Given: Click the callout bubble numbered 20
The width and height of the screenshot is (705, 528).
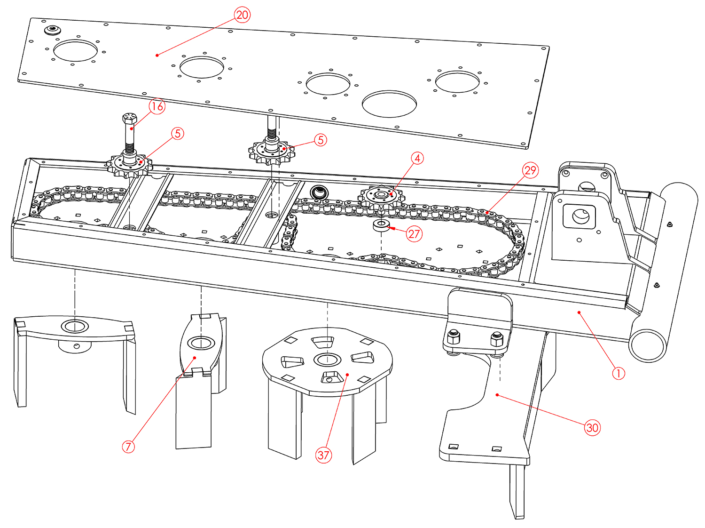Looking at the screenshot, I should coord(242,15).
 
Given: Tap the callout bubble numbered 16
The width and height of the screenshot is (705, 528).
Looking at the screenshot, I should coord(157,106).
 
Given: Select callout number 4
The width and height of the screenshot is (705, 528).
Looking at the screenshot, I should coord(417,159).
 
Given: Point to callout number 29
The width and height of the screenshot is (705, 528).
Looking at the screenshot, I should coord(531,170).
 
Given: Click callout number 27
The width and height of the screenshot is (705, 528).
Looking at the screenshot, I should coord(414,233).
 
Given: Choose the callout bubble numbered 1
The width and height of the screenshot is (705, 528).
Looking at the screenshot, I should coord(619,373).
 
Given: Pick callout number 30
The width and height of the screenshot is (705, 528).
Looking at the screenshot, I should coord(592,427).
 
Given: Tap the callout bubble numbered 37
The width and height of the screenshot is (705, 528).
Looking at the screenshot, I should coord(323,455).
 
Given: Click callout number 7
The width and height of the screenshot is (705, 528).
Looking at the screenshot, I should coord(128,446).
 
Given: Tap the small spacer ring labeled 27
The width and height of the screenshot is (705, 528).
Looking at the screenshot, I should coord(381,224).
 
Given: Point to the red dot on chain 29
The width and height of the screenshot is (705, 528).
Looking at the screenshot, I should coord(487,213).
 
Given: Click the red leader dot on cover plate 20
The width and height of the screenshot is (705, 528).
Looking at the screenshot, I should coord(157,55).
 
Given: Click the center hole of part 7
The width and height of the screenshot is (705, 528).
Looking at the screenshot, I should coord(201,343).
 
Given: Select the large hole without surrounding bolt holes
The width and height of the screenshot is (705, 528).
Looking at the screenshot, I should coord(389,104).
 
